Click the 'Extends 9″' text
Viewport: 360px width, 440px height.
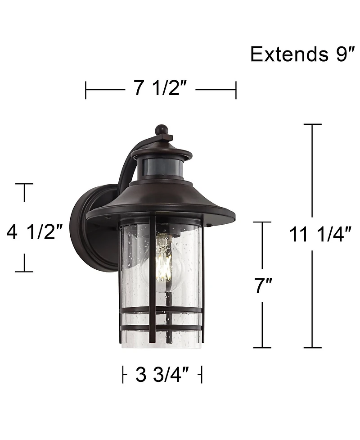[x=300, y=54]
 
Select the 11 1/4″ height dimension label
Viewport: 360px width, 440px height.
[x=320, y=234]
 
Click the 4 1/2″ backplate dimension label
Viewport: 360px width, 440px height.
[x=34, y=232]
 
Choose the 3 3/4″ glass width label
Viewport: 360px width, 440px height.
[x=161, y=374]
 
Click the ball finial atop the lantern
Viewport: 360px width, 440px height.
[x=161, y=130]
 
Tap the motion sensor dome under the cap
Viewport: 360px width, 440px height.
[x=163, y=167]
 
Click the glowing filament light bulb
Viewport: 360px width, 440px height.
[x=164, y=259]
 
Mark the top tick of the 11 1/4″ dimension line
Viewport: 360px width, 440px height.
[x=312, y=124]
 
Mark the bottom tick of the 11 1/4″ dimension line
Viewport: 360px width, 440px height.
[x=312, y=347]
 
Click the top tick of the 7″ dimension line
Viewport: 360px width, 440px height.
[x=262, y=222]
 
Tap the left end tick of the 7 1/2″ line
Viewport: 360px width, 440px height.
[x=86, y=90]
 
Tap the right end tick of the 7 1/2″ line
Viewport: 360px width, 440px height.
[x=236, y=90]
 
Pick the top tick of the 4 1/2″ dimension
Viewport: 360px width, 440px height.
[x=24, y=184]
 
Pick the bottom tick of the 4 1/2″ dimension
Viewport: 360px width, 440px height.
[x=24, y=272]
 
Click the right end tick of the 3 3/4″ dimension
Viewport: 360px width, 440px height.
[x=202, y=374]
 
